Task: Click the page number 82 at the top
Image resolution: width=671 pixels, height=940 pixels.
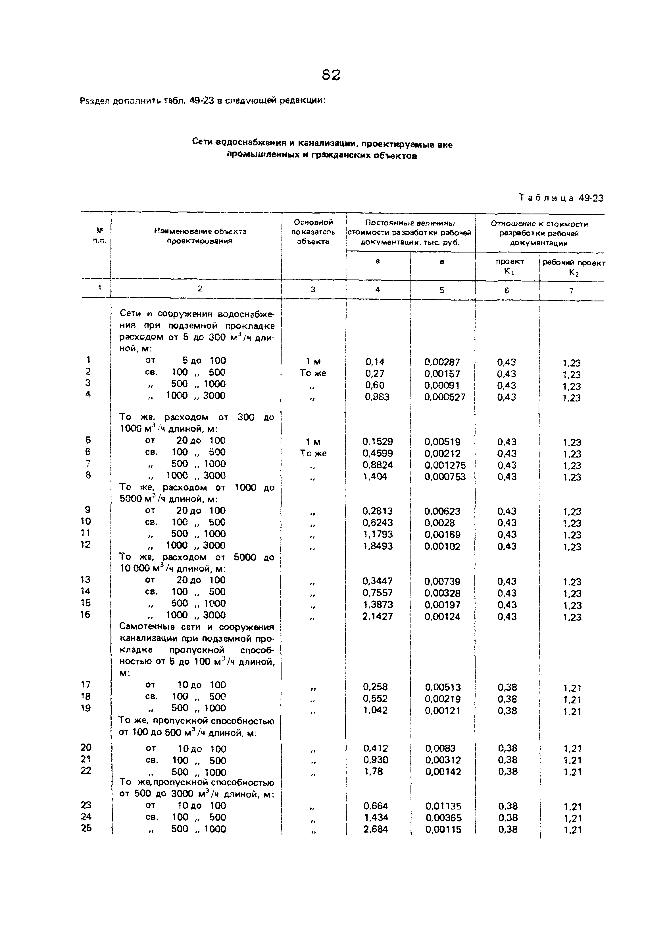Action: pyautogui.click(x=331, y=75)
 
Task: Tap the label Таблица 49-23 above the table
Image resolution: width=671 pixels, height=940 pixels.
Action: pyautogui.click(x=561, y=198)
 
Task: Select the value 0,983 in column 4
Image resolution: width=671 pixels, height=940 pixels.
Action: pyautogui.click(x=377, y=397)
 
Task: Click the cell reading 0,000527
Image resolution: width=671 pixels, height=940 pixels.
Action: pyautogui.click(x=445, y=397)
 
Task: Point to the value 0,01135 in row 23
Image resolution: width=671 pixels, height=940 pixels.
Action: pyautogui.click(x=443, y=806)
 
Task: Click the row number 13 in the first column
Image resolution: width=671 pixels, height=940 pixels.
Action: pyautogui.click(x=86, y=580)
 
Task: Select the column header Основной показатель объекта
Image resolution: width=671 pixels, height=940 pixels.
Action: pyautogui.click(x=313, y=232)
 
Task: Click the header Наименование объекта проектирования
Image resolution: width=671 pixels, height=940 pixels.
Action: pyautogui.click(x=200, y=236)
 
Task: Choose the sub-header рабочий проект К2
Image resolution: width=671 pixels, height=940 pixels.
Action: pyautogui.click(x=574, y=267)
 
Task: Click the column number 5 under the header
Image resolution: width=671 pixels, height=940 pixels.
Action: pyautogui.click(x=442, y=290)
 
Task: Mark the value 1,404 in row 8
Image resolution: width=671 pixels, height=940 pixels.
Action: pyautogui.click(x=375, y=477)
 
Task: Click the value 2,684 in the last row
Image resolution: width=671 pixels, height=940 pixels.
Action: pyautogui.click(x=376, y=829)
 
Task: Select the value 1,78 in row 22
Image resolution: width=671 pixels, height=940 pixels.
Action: pyautogui.click(x=374, y=771)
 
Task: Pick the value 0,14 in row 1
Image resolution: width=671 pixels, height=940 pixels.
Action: pyautogui.click(x=375, y=362)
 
